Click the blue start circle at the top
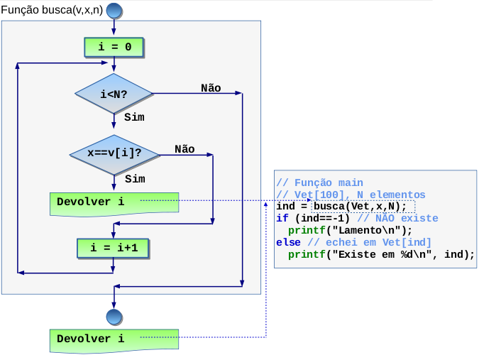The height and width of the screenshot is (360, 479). point(114,11)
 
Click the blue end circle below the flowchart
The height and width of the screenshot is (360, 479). point(114,317)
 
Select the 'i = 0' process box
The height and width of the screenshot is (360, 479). point(114,48)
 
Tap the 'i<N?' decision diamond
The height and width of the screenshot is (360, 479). point(114,94)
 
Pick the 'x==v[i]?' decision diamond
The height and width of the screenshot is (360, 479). point(114,155)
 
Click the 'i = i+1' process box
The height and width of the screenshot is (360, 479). point(113,248)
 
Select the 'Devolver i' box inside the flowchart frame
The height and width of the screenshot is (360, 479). point(114,204)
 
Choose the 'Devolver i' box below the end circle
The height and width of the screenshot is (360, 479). point(114,341)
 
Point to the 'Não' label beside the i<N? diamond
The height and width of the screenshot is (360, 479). point(211,88)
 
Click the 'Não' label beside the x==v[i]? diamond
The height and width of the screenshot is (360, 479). point(185,149)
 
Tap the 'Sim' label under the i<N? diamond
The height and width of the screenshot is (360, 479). point(134,117)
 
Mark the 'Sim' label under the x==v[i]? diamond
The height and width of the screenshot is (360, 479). point(135,179)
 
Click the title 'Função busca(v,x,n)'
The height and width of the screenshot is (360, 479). point(52,10)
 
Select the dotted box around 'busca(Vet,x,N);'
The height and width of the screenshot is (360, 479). point(363,207)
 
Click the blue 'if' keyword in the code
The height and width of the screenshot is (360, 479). point(282,218)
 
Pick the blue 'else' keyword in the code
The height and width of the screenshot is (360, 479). point(288,242)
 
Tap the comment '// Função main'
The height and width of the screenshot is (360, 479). point(320,182)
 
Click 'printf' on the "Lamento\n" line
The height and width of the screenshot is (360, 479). point(307,231)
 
